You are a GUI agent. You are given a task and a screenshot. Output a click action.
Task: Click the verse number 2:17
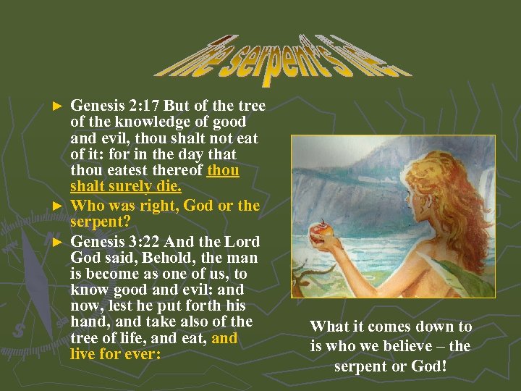click(142, 106)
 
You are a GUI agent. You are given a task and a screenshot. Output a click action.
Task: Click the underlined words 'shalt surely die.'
click(126, 187)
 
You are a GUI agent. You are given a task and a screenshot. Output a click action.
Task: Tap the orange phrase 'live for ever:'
click(115, 354)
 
